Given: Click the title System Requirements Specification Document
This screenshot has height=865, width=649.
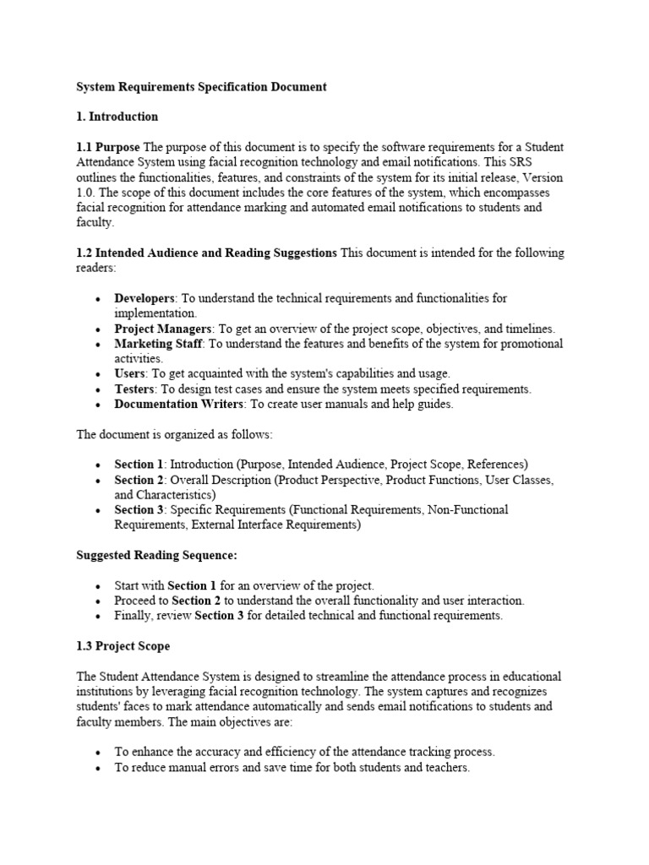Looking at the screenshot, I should [x=201, y=87].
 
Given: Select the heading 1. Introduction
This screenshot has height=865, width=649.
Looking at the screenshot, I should [x=117, y=117].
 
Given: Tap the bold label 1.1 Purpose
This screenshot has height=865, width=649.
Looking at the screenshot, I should [x=108, y=147].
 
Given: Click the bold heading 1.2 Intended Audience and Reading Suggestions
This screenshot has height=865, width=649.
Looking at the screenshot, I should [x=207, y=253].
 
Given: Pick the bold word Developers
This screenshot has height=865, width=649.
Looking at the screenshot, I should [x=145, y=298].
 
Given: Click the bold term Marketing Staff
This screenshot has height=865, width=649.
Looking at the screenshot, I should [x=158, y=344].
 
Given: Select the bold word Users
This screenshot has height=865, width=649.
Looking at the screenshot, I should [x=130, y=373].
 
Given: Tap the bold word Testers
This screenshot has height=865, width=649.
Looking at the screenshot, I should [x=135, y=389].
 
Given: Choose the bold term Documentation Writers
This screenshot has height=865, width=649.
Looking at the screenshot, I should [x=179, y=404].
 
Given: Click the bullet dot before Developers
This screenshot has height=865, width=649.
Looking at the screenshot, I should [x=99, y=299].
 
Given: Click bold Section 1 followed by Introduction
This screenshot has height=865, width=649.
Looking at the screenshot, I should [x=139, y=465].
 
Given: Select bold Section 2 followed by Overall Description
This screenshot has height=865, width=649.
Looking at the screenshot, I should [x=139, y=480].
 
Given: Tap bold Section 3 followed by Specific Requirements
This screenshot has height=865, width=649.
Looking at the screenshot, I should [x=139, y=510].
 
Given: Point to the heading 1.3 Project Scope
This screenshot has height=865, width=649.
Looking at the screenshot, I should [x=123, y=646].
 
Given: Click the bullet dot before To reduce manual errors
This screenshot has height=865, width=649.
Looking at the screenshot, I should [x=99, y=769].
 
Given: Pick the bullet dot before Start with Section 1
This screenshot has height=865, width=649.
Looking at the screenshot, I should [x=99, y=585].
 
